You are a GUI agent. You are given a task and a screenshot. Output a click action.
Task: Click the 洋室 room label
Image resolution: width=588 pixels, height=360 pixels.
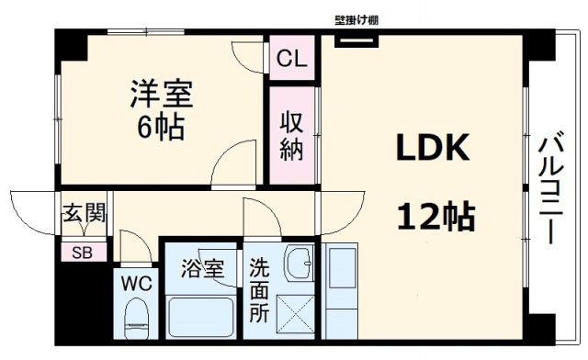coord(161,93)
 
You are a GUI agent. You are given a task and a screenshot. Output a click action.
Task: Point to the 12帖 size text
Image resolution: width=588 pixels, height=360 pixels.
coord(435,217)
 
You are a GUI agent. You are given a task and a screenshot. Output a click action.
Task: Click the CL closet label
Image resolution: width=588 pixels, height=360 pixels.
coord(293,61)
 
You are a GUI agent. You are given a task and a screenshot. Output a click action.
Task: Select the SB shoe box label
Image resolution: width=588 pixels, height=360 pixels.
coord(83,252)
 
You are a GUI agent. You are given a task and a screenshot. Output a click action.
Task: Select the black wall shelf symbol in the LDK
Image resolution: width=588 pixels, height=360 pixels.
coord(356,39)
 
